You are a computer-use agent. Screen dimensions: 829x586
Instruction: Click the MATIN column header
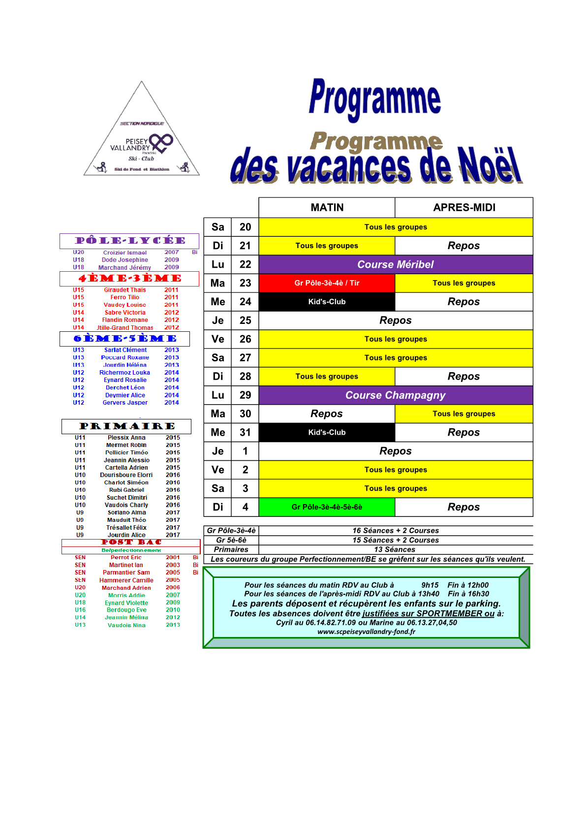327,208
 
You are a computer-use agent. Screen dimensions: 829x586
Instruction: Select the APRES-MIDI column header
464,208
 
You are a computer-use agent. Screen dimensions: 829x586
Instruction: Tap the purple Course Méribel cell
395,264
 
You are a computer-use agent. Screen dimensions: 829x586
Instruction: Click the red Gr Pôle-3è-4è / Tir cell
327,283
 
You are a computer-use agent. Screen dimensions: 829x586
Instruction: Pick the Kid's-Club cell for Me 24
327,302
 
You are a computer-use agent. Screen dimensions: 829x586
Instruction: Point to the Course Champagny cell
395,395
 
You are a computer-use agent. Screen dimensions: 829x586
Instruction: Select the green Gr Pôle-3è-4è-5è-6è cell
327,507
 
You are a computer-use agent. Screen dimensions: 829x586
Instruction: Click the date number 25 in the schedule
245,320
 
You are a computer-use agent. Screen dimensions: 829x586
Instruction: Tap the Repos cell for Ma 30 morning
327,414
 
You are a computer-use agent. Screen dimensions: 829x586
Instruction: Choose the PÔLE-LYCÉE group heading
129,241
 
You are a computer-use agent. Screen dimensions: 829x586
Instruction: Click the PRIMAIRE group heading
127,426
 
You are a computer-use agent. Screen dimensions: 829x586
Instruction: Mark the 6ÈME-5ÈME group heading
125,339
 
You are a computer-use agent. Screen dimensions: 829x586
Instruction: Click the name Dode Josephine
125,260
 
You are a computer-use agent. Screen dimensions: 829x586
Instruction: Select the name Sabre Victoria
125,313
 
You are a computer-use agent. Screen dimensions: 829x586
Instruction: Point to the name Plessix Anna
126,438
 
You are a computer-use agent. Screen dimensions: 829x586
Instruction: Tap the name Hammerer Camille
126,580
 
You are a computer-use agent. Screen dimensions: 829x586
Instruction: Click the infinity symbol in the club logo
161,143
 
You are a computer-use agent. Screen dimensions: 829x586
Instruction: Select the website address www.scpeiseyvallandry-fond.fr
366,632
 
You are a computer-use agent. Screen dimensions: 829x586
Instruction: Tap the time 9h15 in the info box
430,585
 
